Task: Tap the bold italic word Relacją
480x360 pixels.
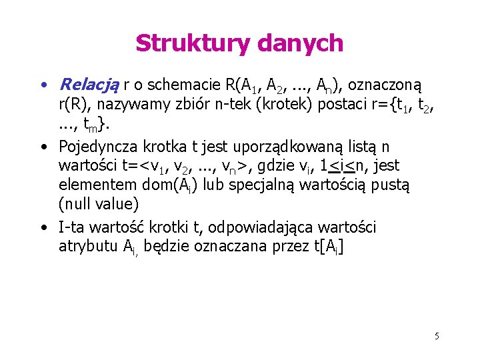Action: coord(89,85)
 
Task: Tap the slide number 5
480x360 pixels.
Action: coord(437,336)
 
